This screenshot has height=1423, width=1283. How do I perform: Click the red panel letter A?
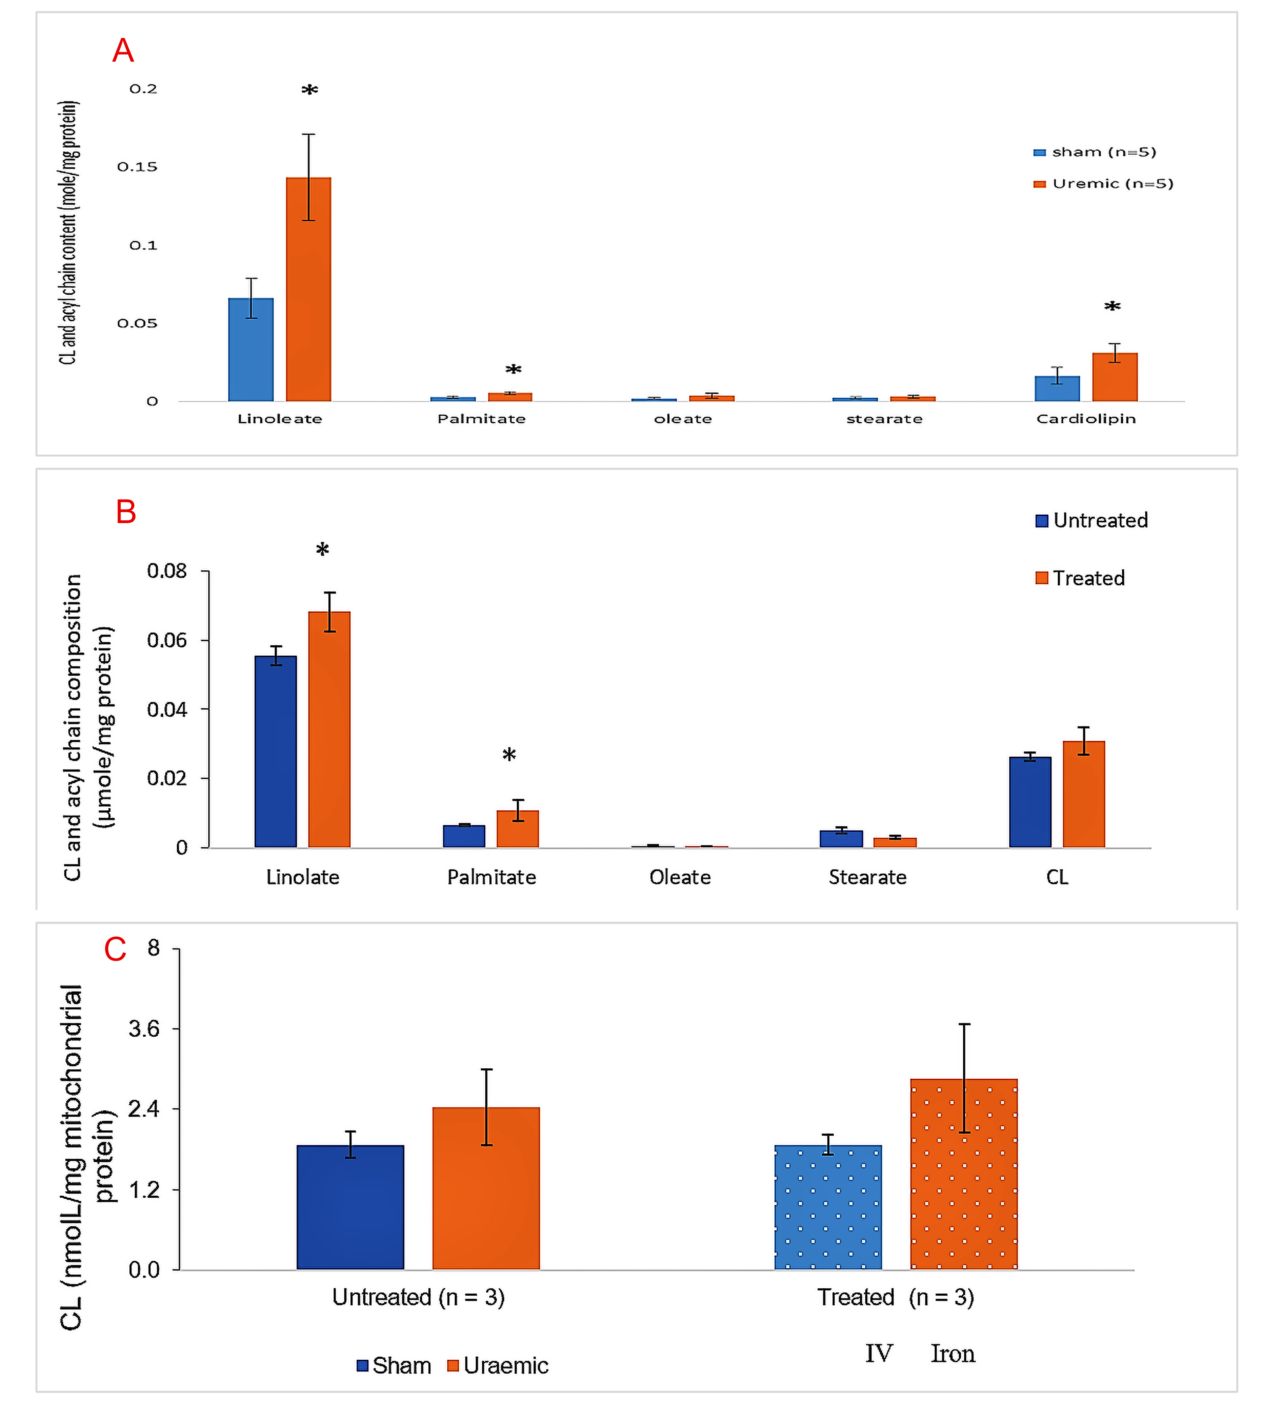pyautogui.click(x=123, y=51)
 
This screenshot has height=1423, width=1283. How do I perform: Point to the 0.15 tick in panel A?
pyautogui.click(x=137, y=167)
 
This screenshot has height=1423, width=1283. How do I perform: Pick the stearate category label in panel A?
pyautogui.click(x=884, y=419)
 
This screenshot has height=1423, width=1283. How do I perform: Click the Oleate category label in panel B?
pyautogui.click(x=680, y=877)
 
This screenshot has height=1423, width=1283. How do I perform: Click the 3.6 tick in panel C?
pyautogui.click(x=145, y=1029)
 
